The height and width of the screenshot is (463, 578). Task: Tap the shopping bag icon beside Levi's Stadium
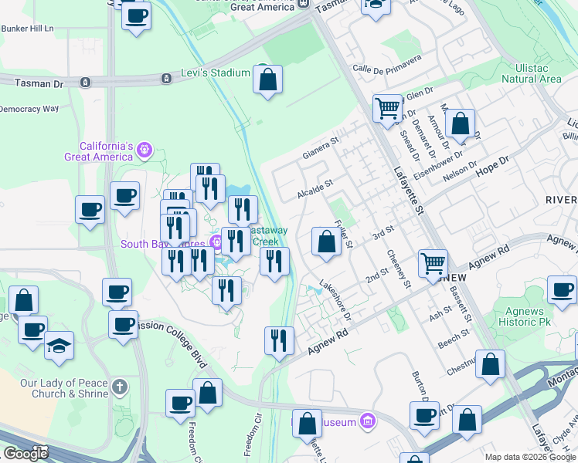267,80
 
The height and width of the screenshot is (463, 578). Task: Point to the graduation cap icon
59,346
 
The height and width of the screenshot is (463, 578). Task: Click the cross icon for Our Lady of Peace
118,385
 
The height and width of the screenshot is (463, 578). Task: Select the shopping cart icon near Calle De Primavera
386,107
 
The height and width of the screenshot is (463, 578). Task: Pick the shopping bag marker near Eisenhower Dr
460,123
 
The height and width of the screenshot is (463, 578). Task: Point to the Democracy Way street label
29,109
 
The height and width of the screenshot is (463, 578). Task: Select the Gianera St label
321,147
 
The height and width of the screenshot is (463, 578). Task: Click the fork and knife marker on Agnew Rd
279,340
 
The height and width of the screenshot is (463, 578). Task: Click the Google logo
25,454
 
